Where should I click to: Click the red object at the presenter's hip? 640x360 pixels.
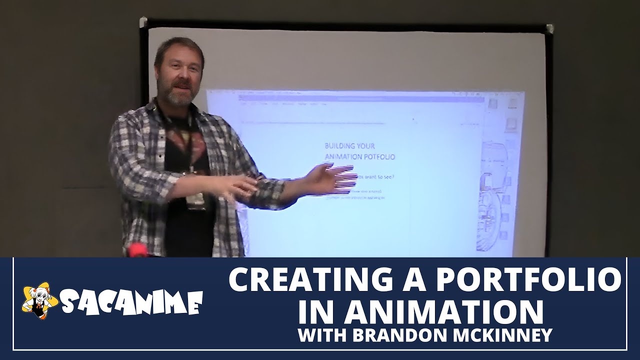[137, 250]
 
